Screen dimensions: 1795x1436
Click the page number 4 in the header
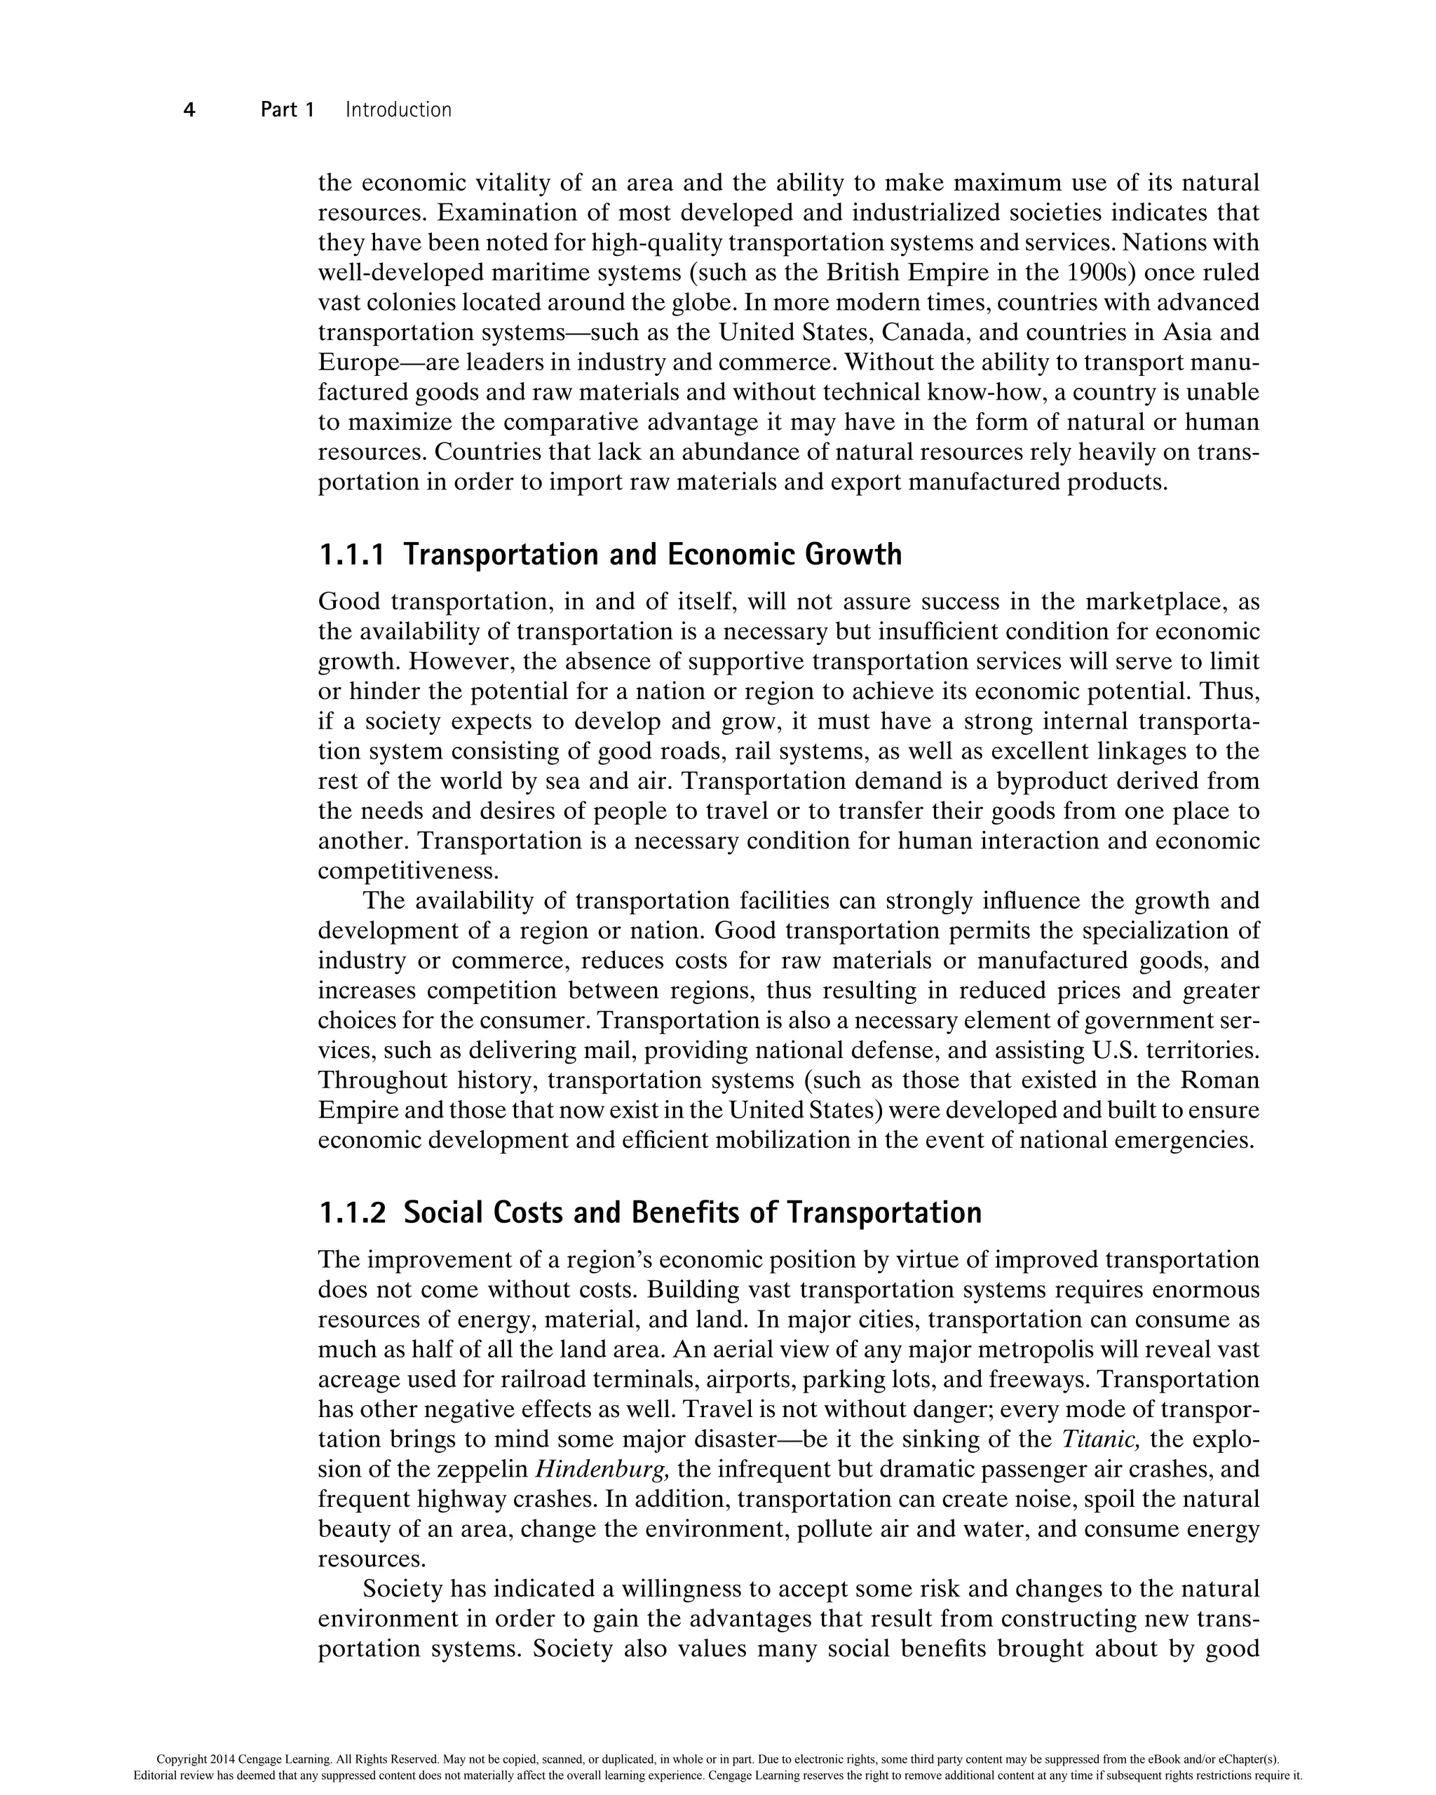(189, 110)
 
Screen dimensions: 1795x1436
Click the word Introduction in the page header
(398, 110)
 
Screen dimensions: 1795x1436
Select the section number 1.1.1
(352, 555)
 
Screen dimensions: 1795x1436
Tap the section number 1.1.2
(352, 1212)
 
